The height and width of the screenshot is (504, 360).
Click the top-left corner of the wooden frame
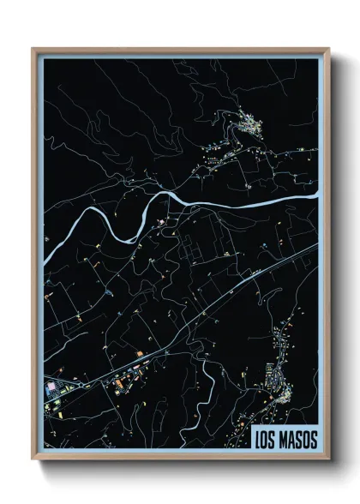[33, 49]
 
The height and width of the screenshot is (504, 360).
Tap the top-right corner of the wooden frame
[328, 49]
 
